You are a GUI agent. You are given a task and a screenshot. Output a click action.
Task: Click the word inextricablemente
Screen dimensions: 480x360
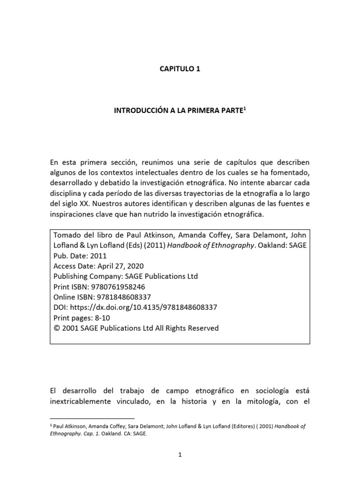click(87, 401)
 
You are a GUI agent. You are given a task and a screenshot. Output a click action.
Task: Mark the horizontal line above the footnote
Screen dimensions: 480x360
click(92, 417)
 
